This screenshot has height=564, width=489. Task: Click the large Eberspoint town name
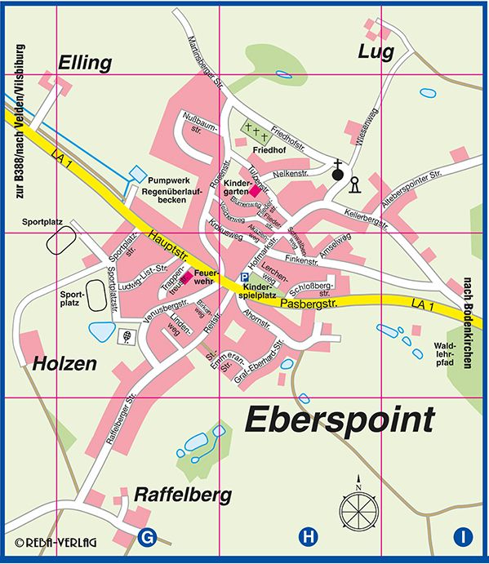(339, 422)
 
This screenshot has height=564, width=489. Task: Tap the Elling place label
(84, 62)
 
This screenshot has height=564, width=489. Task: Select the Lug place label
(376, 52)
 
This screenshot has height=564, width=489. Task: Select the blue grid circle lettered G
(149, 537)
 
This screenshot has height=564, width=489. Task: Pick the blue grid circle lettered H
(307, 537)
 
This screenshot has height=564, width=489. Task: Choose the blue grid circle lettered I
(463, 537)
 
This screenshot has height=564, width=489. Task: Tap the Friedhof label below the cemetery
(269, 151)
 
